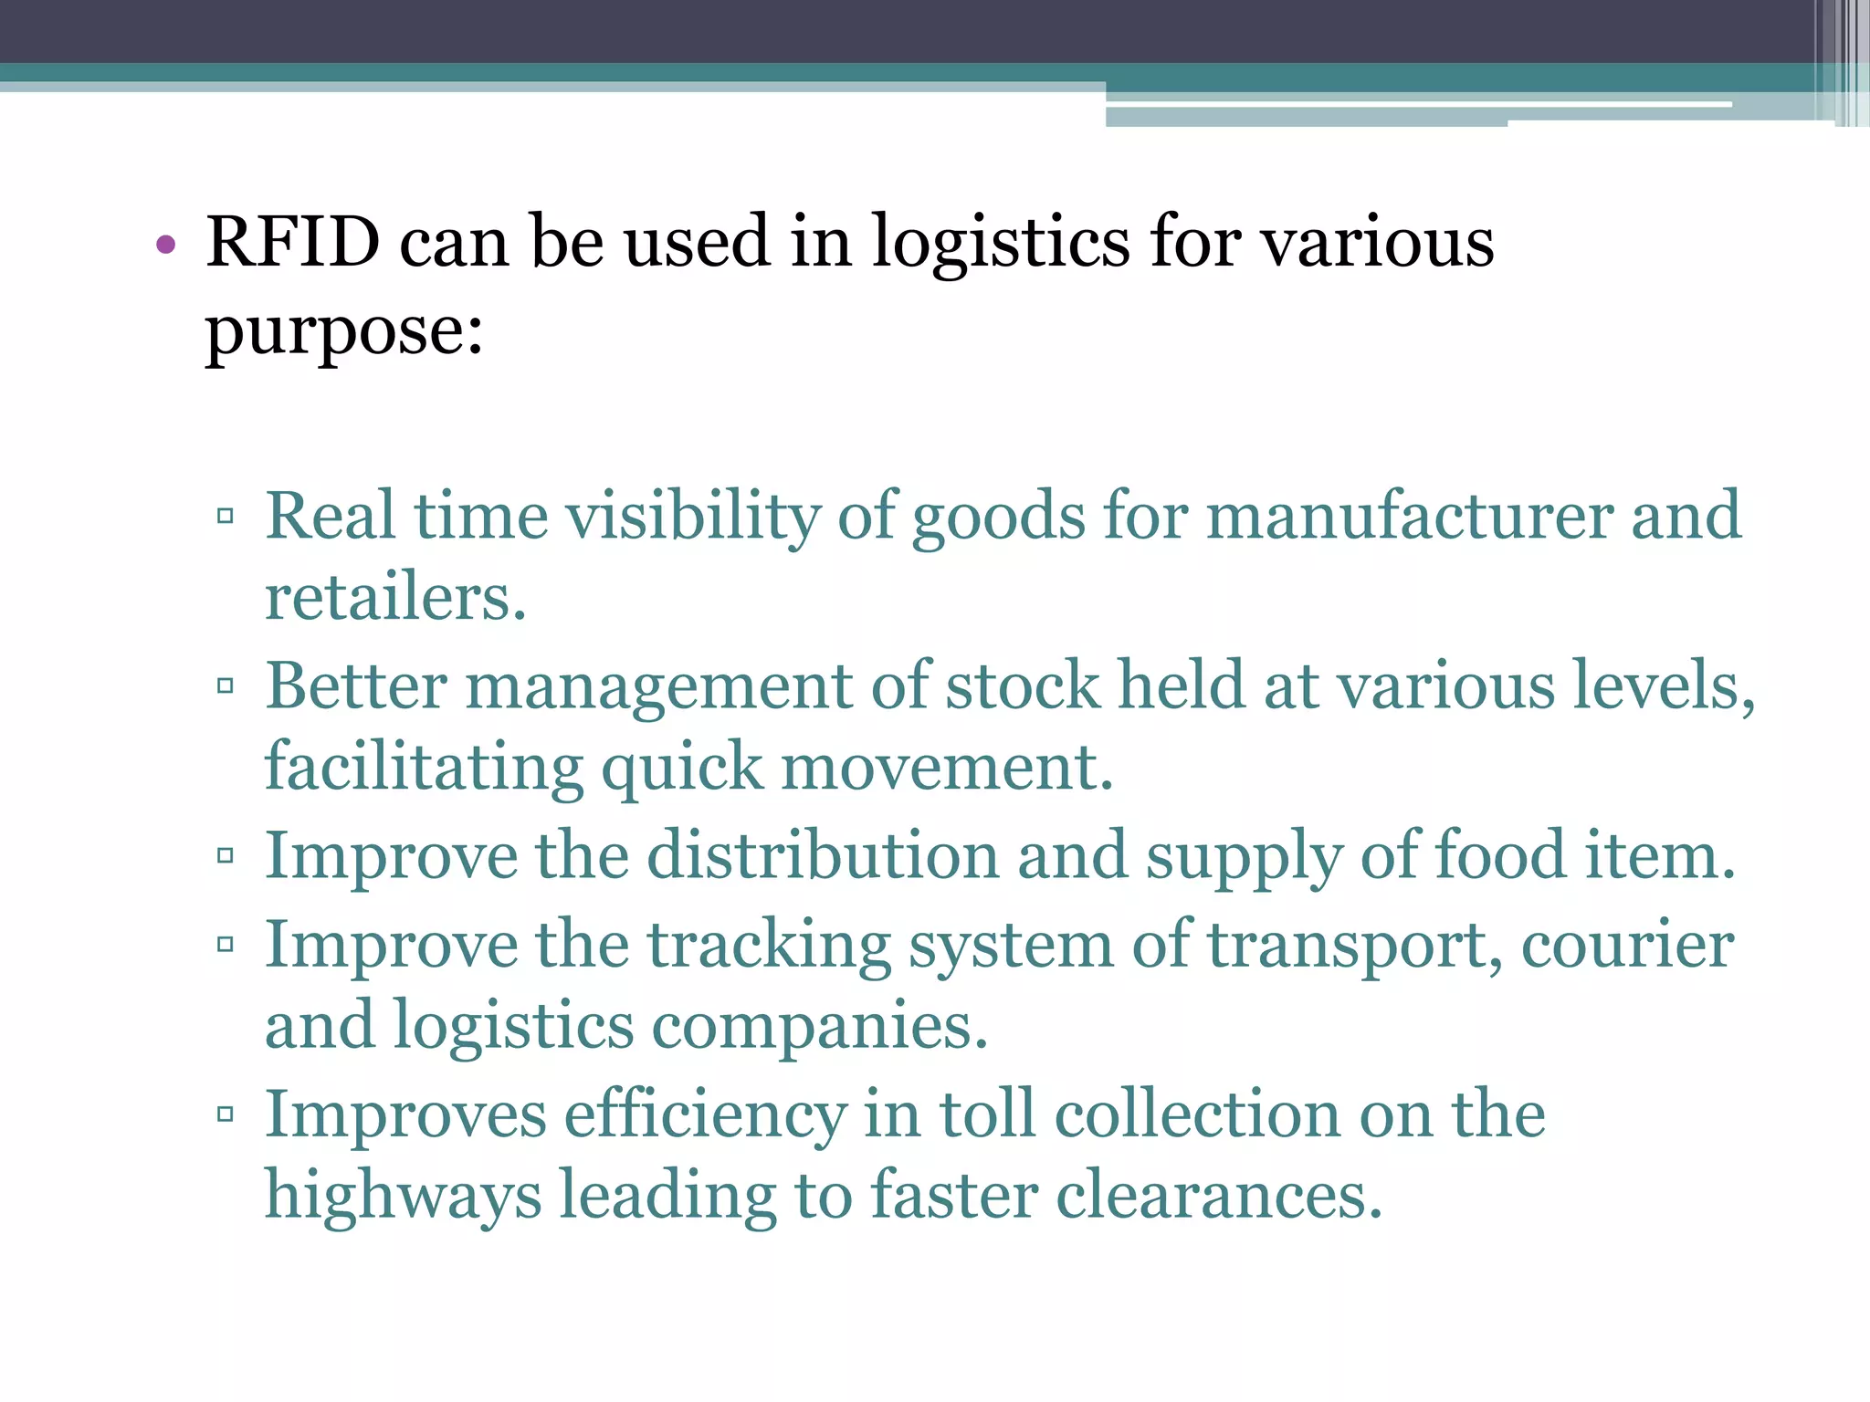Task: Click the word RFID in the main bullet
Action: coord(293,242)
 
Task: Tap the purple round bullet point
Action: coord(165,244)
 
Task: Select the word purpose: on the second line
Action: coord(344,330)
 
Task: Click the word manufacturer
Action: coord(1410,516)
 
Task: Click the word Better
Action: coord(357,685)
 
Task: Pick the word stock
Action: coord(1022,685)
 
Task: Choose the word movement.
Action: coord(947,768)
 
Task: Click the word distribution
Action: coord(823,856)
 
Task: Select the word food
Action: coord(1501,856)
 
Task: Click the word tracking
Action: coord(769,945)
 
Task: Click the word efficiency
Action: coord(706,1114)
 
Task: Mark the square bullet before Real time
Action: coord(226,517)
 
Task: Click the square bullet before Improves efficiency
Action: coord(226,1114)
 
